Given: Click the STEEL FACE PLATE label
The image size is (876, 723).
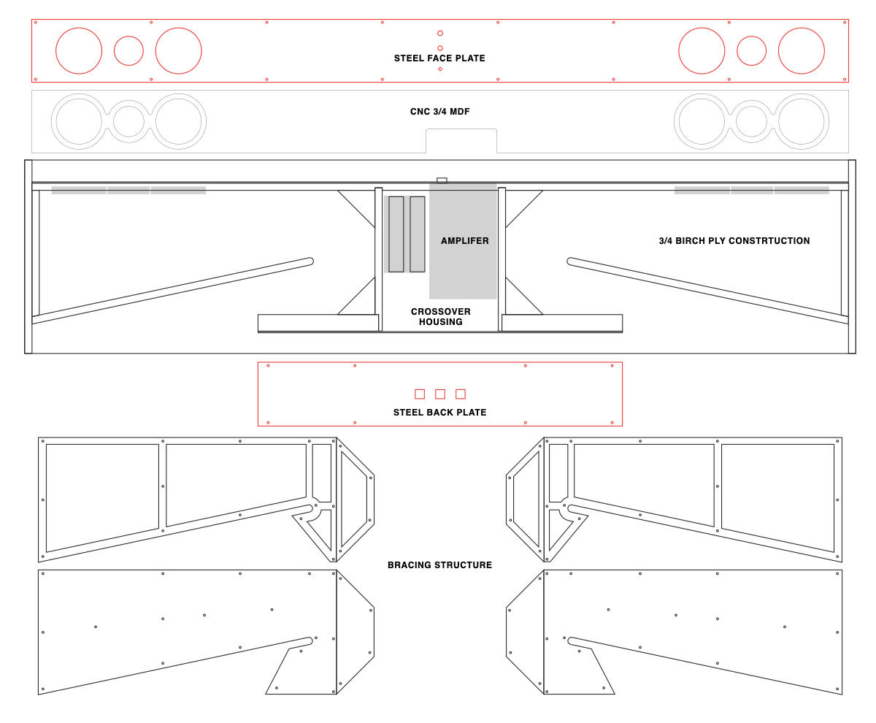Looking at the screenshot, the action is [439, 58].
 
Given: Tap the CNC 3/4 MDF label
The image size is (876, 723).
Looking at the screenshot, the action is [439, 112].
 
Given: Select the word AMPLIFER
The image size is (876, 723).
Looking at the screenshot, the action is [464, 241].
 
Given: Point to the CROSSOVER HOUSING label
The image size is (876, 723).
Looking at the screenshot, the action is [440, 317].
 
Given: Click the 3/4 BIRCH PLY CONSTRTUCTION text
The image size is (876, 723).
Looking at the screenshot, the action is [734, 241].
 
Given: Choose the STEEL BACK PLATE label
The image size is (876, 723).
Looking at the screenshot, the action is [439, 413].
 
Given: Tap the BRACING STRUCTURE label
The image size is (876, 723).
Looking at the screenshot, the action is [439, 565].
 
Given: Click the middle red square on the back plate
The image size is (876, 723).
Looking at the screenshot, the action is [440, 394].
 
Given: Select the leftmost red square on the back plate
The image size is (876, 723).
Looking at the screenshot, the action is [420, 394].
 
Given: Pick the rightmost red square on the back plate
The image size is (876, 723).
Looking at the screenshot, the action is [461, 394].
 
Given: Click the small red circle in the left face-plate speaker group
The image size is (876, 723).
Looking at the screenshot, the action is [128, 50].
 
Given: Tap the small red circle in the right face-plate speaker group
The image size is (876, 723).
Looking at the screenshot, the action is [751, 50].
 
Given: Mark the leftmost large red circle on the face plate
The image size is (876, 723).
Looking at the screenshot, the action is [79, 50].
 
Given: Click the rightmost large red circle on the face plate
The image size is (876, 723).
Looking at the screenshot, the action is [801, 50].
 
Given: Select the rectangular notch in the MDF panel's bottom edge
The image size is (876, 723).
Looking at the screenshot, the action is [461, 141].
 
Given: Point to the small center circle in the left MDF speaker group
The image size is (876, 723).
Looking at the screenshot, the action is [128, 121].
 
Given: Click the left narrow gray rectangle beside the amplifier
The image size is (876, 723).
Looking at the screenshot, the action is [396, 234].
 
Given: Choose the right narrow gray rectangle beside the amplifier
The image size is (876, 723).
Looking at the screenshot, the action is [418, 234].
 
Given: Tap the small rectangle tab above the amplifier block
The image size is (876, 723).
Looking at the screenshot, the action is [442, 180].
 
